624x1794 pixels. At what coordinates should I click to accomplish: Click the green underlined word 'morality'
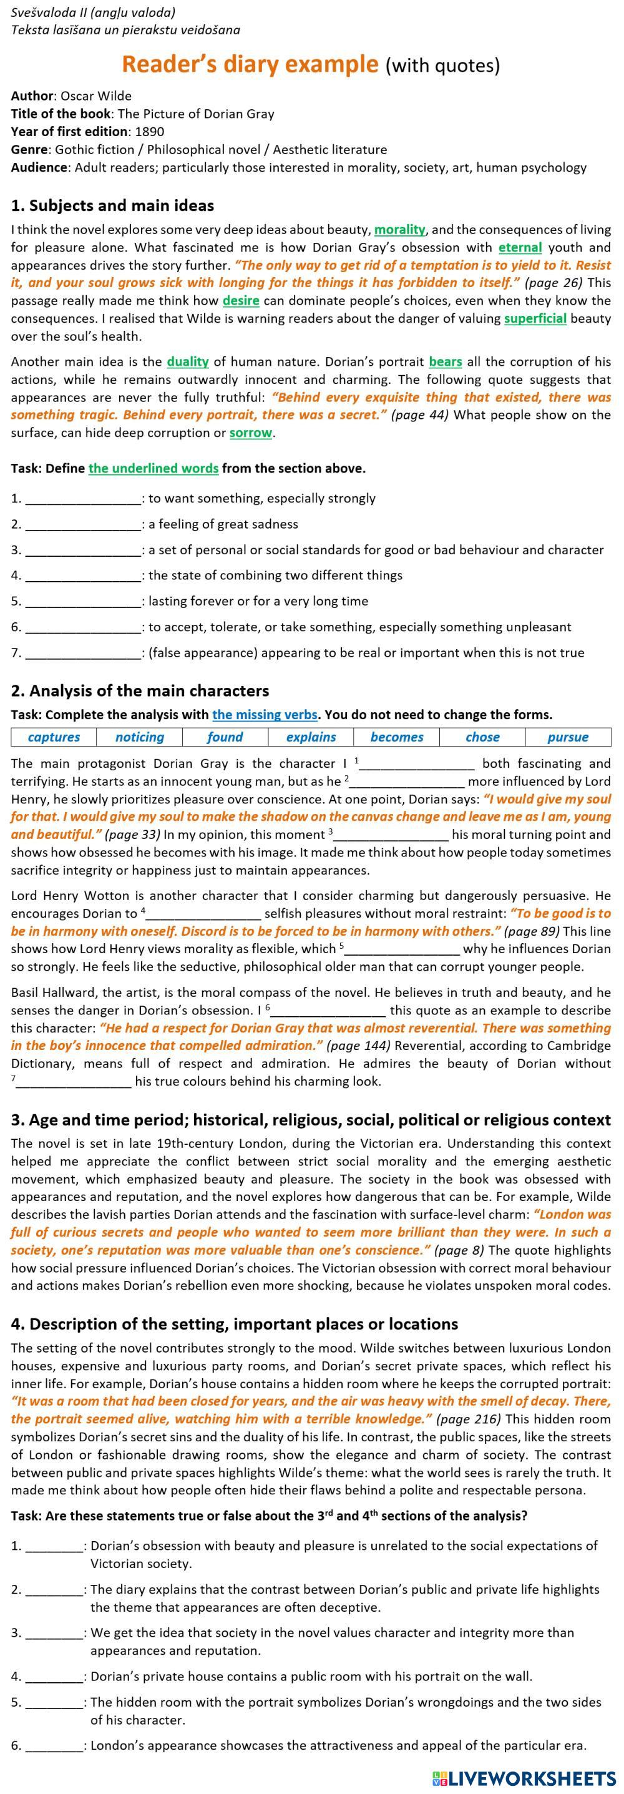pyautogui.click(x=400, y=229)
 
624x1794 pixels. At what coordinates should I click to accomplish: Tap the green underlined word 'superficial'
pyautogui.click(x=535, y=318)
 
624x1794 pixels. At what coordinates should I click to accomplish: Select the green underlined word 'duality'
pyautogui.click(x=188, y=361)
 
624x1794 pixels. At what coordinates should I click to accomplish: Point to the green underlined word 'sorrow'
pyautogui.click(x=251, y=433)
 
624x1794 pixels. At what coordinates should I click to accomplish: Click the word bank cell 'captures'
pyautogui.click(x=54, y=737)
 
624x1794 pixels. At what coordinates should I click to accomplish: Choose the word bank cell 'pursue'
pyautogui.click(x=568, y=737)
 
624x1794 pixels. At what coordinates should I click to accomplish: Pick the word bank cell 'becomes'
pyautogui.click(x=397, y=737)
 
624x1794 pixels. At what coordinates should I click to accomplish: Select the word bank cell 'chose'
pyautogui.click(x=482, y=737)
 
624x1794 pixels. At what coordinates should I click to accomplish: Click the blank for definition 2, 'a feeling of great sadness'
pyautogui.click(x=83, y=524)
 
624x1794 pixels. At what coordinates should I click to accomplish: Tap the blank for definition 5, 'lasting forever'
pyautogui.click(x=83, y=601)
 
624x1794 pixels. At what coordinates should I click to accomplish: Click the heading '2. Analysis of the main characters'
pyautogui.click(x=140, y=691)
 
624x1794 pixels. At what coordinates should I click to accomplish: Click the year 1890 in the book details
pyautogui.click(x=150, y=132)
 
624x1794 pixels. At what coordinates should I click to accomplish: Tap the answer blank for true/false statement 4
pyautogui.click(x=54, y=1676)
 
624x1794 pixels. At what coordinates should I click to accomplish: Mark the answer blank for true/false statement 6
pyautogui.click(x=54, y=1745)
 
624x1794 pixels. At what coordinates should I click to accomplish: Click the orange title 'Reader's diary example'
pyautogui.click(x=250, y=64)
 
